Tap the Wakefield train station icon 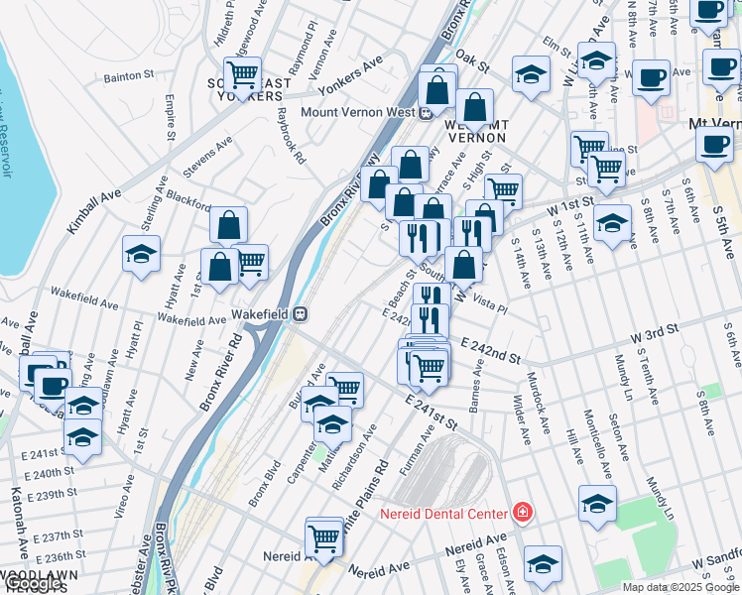click(299, 314)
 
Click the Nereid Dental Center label click(443, 514)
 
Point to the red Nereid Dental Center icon click(521, 513)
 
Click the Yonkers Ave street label click(358, 64)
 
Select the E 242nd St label click(490, 349)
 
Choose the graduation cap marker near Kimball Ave click(142, 254)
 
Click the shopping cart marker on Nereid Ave click(324, 536)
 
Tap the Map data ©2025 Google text click(680, 587)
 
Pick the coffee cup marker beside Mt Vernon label click(713, 144)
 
